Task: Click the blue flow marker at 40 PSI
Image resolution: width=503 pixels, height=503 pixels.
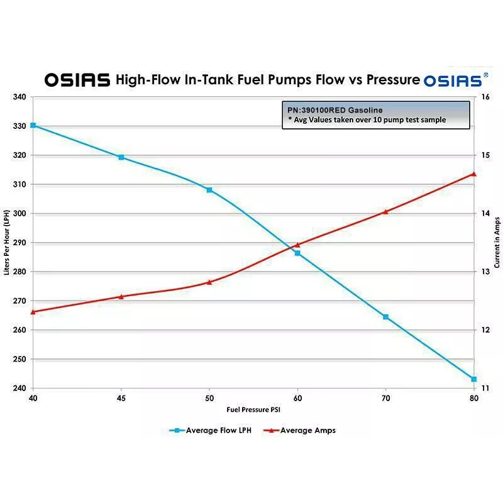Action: click(33, 126)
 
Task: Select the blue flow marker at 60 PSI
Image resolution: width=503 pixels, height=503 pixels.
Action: click(297, 253)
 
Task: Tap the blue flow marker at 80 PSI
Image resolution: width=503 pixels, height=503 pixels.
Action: click(474, 379)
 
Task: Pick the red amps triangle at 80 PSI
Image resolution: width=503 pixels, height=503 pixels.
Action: click(474, 174)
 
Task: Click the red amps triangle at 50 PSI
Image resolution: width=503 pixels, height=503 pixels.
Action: click(209, 282)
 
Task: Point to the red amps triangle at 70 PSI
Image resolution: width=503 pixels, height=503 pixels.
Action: click(385, 212)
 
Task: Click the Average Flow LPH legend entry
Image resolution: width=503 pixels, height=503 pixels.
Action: click(211, 431)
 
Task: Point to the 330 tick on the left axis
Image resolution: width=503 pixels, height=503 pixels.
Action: click(19, 126)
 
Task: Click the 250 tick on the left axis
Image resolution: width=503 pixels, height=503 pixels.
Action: click(19, 359)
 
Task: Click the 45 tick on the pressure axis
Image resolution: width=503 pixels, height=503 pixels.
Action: click(121, 398)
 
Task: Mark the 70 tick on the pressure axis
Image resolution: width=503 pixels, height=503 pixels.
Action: click(385, 398)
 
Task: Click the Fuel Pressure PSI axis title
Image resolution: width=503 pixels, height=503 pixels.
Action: click(253, 409)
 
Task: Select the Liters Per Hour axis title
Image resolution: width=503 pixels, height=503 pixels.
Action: click(7, 243)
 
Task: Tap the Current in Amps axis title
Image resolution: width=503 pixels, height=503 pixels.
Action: click(497, 243)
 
